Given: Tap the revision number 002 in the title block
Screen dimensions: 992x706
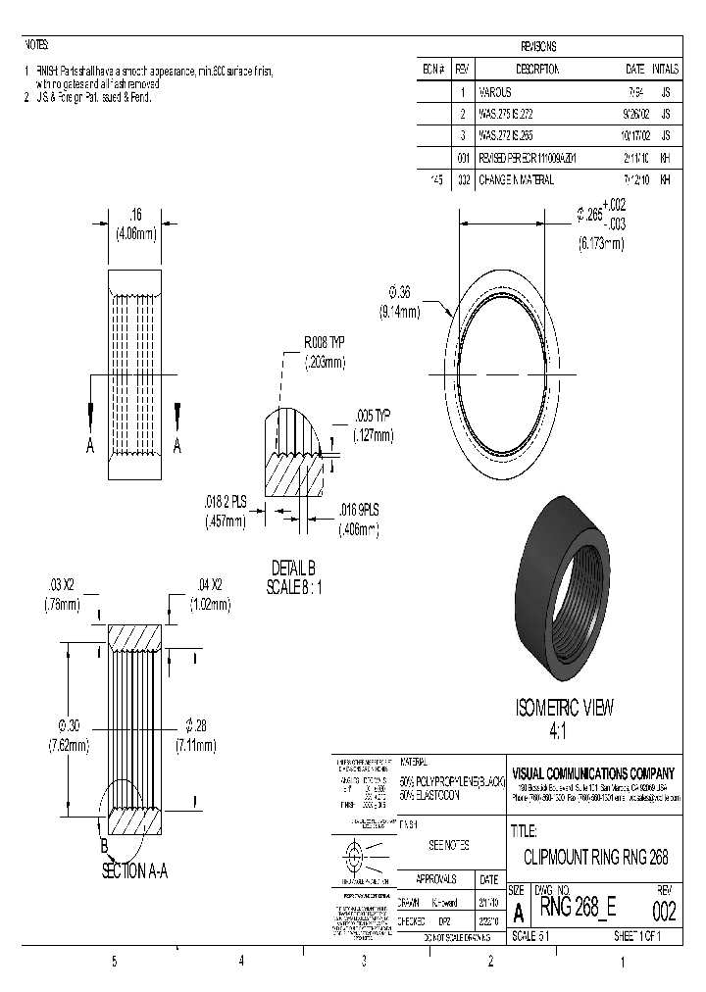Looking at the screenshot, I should [x=664, y=912].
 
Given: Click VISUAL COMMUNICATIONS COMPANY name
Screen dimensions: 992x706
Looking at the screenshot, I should [x=593, y=770].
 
